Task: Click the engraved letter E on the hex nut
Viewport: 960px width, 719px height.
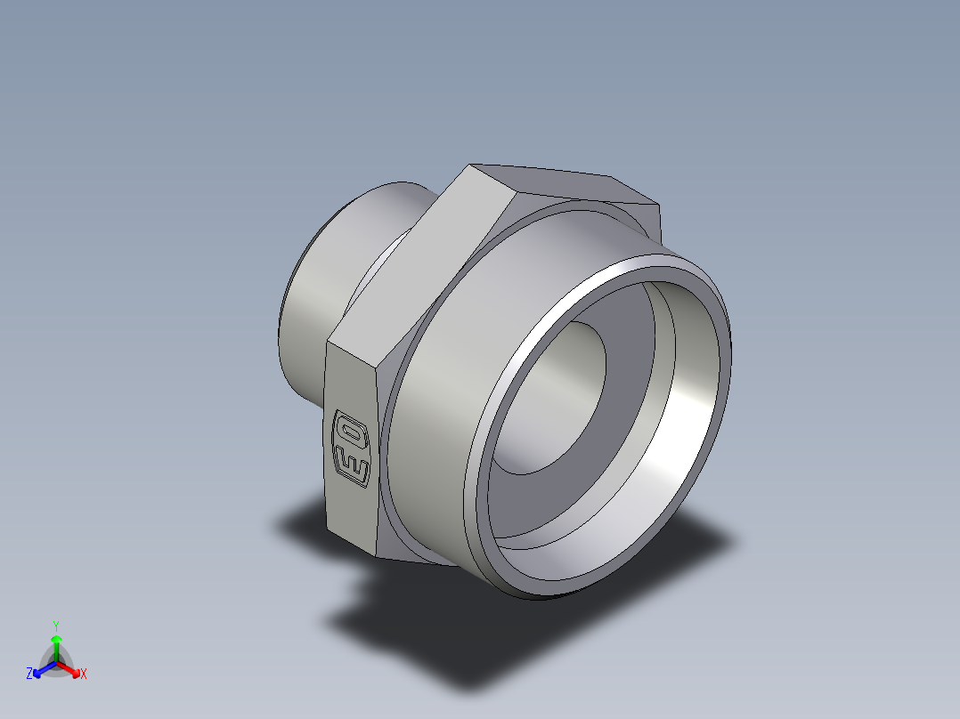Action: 353,465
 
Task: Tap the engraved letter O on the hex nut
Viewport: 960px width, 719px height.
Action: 349,432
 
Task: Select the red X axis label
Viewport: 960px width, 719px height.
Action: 84,675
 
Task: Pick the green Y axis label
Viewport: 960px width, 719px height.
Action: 56,626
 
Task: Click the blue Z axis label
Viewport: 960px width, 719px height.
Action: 29,674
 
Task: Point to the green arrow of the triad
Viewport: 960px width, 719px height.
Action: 56,644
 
